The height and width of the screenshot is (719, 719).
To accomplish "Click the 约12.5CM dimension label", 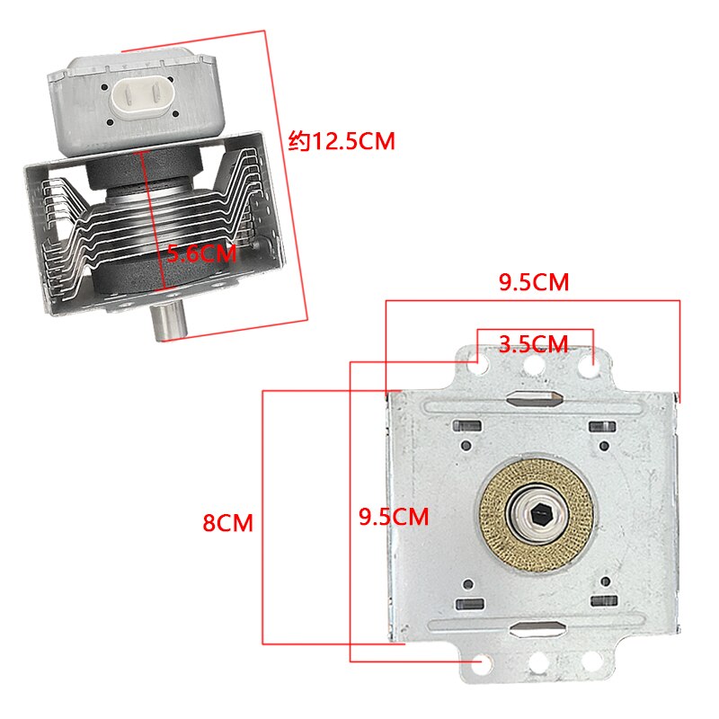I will pyautogui.click(x=342, y=142).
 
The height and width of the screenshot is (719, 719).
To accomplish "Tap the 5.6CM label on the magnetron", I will pyautogui.click(x=201, y=253).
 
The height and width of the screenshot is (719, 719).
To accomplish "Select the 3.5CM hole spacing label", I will pyautogui.click(x=534, y=344).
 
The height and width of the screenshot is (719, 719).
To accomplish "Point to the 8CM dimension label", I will pyautogui.click(x=227, y=522).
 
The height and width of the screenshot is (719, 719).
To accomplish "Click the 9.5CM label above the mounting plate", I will pyautogui.click(x=534, y=282).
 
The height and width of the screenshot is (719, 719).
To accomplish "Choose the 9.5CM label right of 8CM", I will pyautogui.click(x=393, y=517).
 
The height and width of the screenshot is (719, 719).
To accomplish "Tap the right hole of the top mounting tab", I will pyautogui.click(x=588, y=364).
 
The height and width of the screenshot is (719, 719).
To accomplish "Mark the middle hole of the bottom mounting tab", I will pyautogui.click(x=538, y=666).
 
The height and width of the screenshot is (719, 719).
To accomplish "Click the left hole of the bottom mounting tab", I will pyautogui.click(x=484, y=664).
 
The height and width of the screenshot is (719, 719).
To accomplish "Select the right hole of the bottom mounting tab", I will pyautogui.click(x=591, y=662).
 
